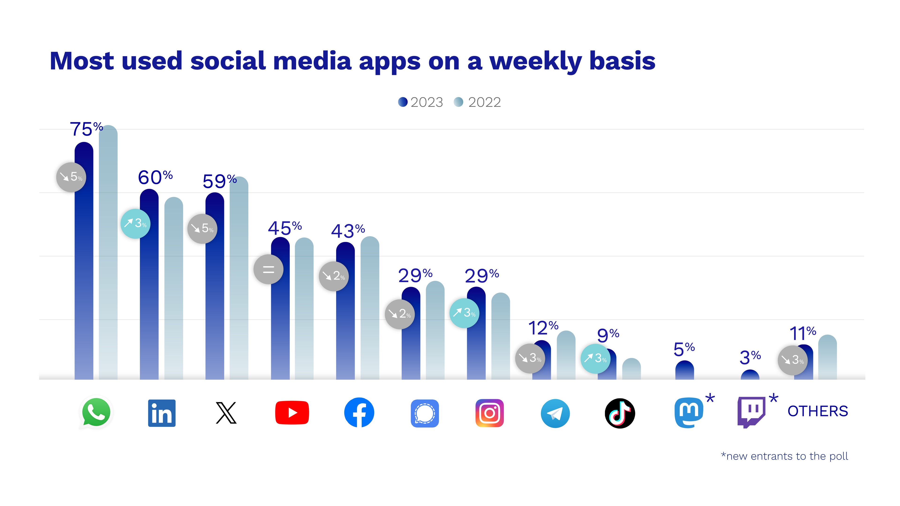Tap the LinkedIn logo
162,413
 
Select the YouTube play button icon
292,413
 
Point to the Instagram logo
489,413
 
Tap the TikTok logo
620,413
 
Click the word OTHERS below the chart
817,411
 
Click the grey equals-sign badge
268,269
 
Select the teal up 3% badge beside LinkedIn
135,223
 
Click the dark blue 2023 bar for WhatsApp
84,279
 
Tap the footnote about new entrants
784,456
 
